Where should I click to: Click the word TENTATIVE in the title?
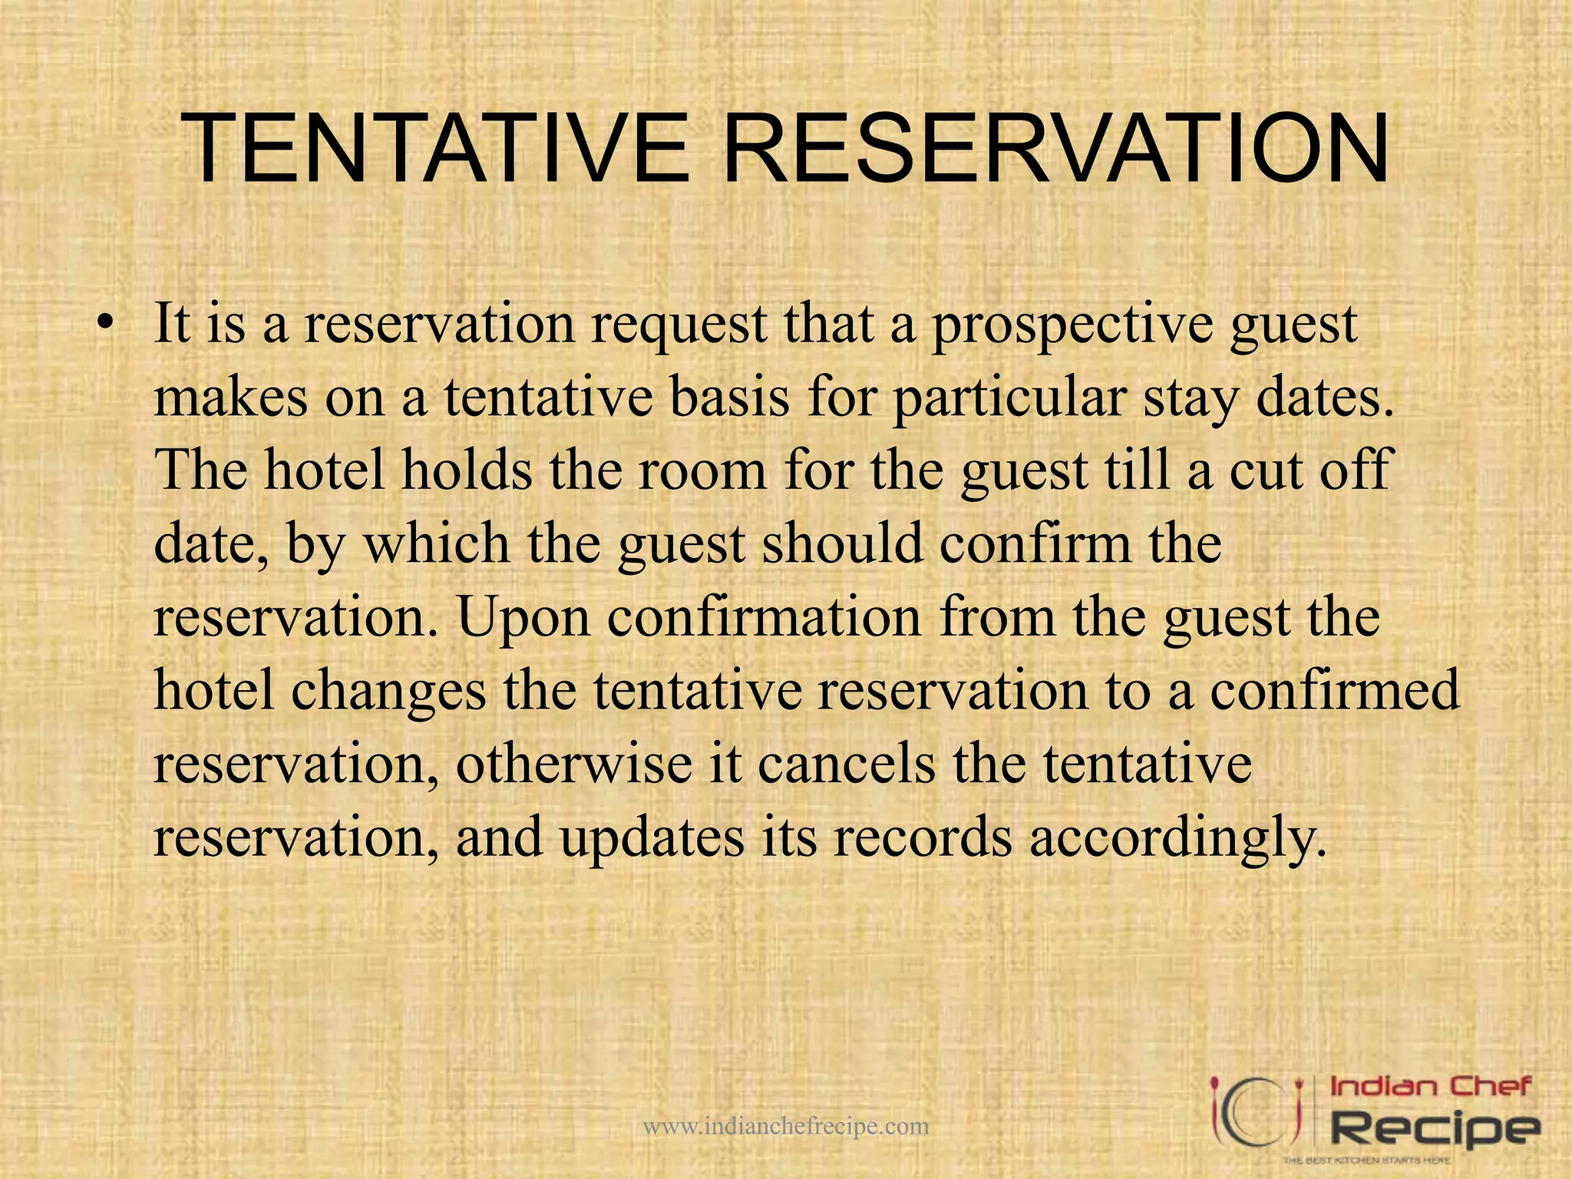tap(438, 149)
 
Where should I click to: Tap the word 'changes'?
tap(388, 691)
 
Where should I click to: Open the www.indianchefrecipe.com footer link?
tap(786, 1126)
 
